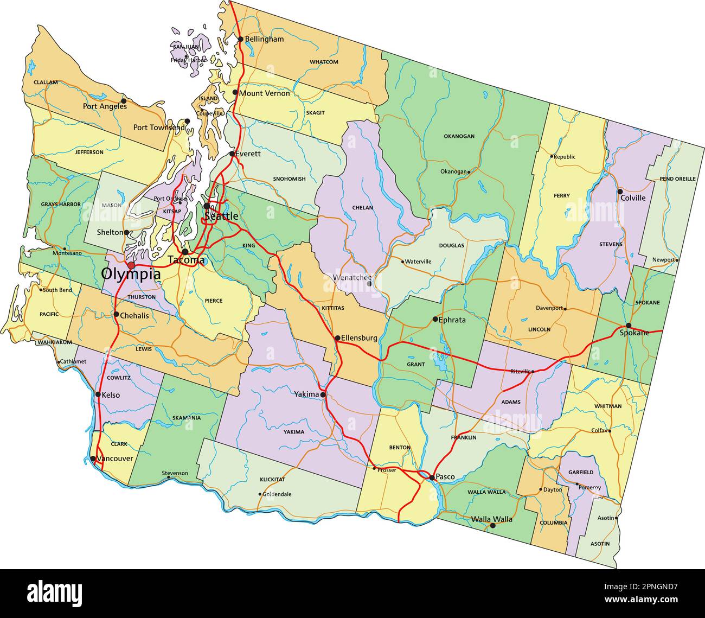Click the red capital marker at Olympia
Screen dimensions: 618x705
(131, 265)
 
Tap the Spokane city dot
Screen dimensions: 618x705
(629, 326)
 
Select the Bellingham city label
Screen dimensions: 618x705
(264, 39)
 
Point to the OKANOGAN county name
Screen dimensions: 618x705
(459, 136)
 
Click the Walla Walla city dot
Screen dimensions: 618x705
(492, 525)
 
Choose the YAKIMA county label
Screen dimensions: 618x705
(293, 432)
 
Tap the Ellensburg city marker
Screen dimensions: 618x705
(337, 337)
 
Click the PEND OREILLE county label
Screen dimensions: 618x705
(677, 179)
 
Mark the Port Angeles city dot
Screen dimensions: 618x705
(124, 100)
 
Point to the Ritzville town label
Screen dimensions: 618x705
(521, 371)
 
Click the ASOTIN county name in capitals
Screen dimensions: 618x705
(600, 543)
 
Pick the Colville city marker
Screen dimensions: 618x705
(620, 192)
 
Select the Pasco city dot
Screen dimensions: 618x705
(432, 477)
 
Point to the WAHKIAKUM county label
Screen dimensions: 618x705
(55, 342)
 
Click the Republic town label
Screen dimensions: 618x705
(565, 157)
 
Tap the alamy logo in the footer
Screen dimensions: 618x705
(55, 592)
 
